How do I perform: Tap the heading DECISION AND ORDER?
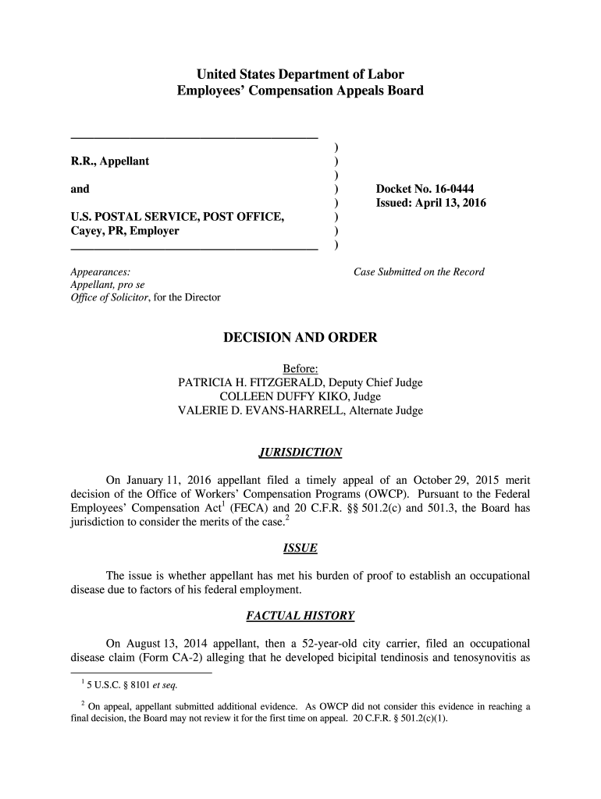tap(300, 338)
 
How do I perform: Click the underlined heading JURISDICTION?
tap(300, 453)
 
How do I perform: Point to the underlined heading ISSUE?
tap(300, 549)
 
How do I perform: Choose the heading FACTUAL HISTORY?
tap(300, 616)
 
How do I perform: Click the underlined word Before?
tap(300, 369)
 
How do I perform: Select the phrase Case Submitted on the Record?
tap(419, 272)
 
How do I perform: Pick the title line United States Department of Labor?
tap(300, 75)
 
